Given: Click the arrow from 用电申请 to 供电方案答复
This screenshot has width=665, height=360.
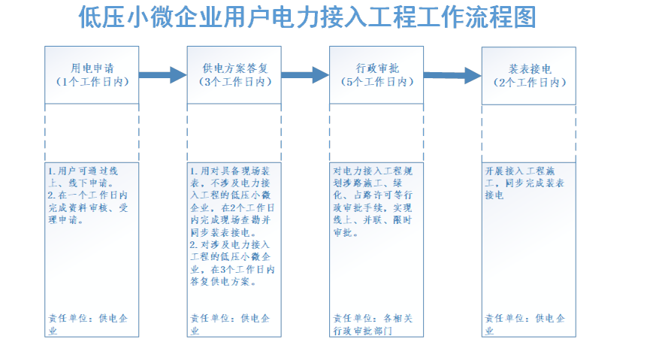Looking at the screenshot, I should pos(162,74).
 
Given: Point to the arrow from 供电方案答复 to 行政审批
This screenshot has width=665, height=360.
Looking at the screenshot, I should pos(305,74).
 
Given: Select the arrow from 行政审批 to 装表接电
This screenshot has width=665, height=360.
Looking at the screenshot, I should pos(452,74).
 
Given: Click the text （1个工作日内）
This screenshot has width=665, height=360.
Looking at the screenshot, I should pos(92,82).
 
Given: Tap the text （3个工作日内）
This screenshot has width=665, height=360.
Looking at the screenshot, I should pos(234,82).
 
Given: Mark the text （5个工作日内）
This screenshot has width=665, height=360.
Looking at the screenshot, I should pos(376,82).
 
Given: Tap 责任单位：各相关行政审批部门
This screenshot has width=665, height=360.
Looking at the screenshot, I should pos(373,324).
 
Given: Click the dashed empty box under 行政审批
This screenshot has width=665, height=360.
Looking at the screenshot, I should pos(376,133).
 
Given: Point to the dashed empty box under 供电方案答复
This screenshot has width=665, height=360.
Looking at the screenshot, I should pos(234,133).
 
